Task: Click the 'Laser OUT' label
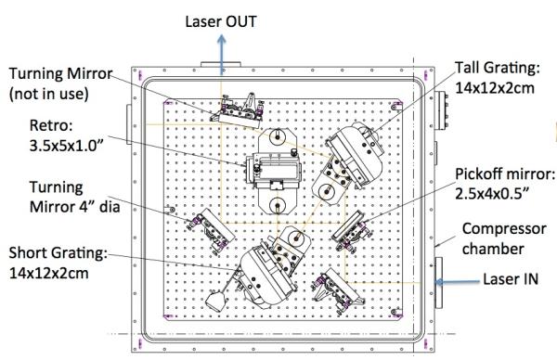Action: pos(221,21)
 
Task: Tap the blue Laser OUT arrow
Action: pos(222,55)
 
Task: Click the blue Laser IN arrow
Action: pos(457,282)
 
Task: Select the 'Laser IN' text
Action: pos(511,279)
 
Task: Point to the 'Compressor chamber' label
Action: pos(504,238)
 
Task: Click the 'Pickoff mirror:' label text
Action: pos(505,174)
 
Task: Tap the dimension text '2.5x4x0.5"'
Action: pos(492,194)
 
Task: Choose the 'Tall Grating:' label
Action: pos(498,68)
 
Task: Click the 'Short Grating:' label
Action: pos(58,253)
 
